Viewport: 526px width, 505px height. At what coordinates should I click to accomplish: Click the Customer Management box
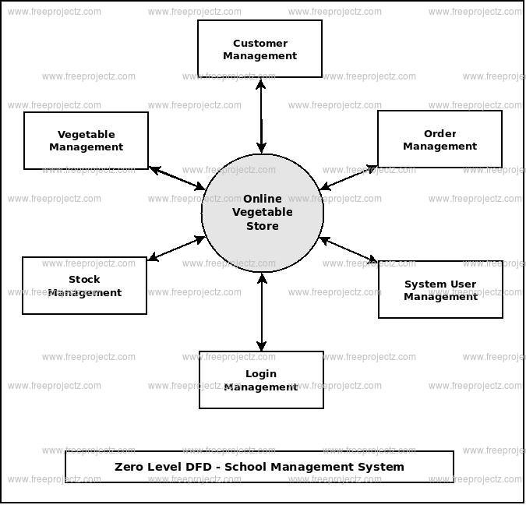click(x=260, y=48)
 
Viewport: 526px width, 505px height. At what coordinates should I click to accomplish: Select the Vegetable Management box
click(x=86, y=140)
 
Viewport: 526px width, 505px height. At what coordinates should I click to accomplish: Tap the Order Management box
click(x=440, y=139)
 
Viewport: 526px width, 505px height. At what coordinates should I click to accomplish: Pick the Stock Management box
click(x=84, y=285)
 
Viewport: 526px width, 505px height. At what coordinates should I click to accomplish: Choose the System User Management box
click(x=440, y=289)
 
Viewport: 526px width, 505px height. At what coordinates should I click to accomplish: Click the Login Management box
click(x=261, y=380)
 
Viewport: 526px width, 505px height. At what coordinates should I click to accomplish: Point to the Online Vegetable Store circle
click(x=263, y=213)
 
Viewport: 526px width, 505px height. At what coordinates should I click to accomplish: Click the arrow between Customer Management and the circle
click(x=261, y=116)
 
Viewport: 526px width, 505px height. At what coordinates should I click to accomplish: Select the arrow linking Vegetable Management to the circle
click(x=177, y=178)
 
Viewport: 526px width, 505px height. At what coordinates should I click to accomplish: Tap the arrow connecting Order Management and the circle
click(x=348, y=178)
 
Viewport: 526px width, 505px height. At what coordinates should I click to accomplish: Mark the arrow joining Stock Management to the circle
click(x=176, y=249)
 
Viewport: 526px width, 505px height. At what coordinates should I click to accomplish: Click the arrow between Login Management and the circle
click(x=262, y=312)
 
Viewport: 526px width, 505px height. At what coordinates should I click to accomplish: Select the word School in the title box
click(x=245, y=467)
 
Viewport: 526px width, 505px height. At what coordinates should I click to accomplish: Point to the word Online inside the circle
click(x=263, y=199)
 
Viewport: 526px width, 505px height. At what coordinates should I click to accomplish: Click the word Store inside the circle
click(x=263, y=226)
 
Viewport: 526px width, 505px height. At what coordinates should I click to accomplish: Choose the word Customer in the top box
click(x=260, y=44)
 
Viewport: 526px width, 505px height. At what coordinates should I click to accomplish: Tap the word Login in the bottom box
click(x=261, y=374)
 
